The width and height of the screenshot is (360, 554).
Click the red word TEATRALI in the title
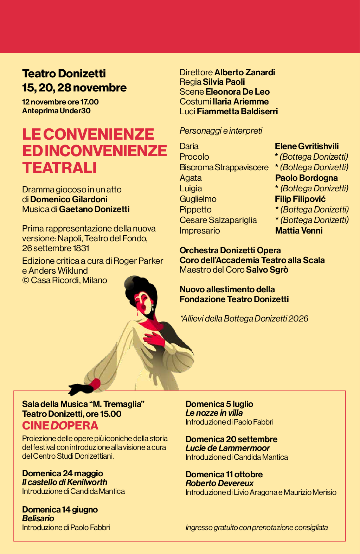point(59,168)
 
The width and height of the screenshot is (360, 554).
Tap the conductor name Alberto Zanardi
point(245,72)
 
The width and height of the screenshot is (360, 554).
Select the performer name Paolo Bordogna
point(306,178)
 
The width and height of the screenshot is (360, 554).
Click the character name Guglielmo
point(198,199)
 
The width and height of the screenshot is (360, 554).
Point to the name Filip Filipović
point(300,199)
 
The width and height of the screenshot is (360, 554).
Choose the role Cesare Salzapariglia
point(218,220)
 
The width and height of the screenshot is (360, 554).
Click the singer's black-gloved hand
point(79,388)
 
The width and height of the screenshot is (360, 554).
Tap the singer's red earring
point(137,312)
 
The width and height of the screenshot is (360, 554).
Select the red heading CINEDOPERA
point(60,426)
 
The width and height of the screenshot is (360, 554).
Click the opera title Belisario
point(38,518)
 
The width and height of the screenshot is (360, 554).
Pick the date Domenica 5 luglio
point(219,404)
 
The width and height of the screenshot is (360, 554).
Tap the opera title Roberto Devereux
point(219,483)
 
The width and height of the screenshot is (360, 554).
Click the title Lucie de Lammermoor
point(227,448)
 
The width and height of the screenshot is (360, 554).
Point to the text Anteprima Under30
point(56,111)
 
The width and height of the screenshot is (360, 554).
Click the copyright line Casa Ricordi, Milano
point(65,280)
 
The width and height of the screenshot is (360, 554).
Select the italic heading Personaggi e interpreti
point(221,131)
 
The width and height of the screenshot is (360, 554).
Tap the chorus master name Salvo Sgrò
point(267,270)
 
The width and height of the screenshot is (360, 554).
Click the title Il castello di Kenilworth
point(65,482)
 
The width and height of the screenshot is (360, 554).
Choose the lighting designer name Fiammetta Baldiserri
point(237,112)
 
